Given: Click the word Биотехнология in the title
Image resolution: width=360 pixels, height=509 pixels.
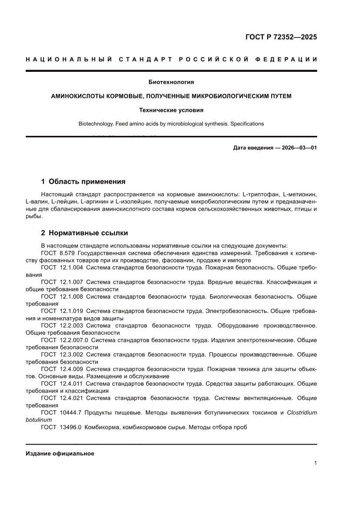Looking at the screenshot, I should point(171,82).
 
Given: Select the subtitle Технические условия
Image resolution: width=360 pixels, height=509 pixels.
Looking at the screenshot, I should point(171,110).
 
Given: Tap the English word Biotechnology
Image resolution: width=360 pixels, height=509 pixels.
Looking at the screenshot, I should point(96,124).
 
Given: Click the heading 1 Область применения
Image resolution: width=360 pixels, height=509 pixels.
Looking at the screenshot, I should point(83,181).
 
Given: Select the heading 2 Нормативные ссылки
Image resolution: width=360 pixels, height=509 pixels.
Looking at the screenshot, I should point(84,233).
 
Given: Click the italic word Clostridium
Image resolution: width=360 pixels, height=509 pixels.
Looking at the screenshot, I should point(302,412).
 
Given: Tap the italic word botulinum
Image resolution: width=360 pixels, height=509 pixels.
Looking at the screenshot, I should point(39,420).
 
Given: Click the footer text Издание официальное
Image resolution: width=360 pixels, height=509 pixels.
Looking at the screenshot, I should point(60,453).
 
